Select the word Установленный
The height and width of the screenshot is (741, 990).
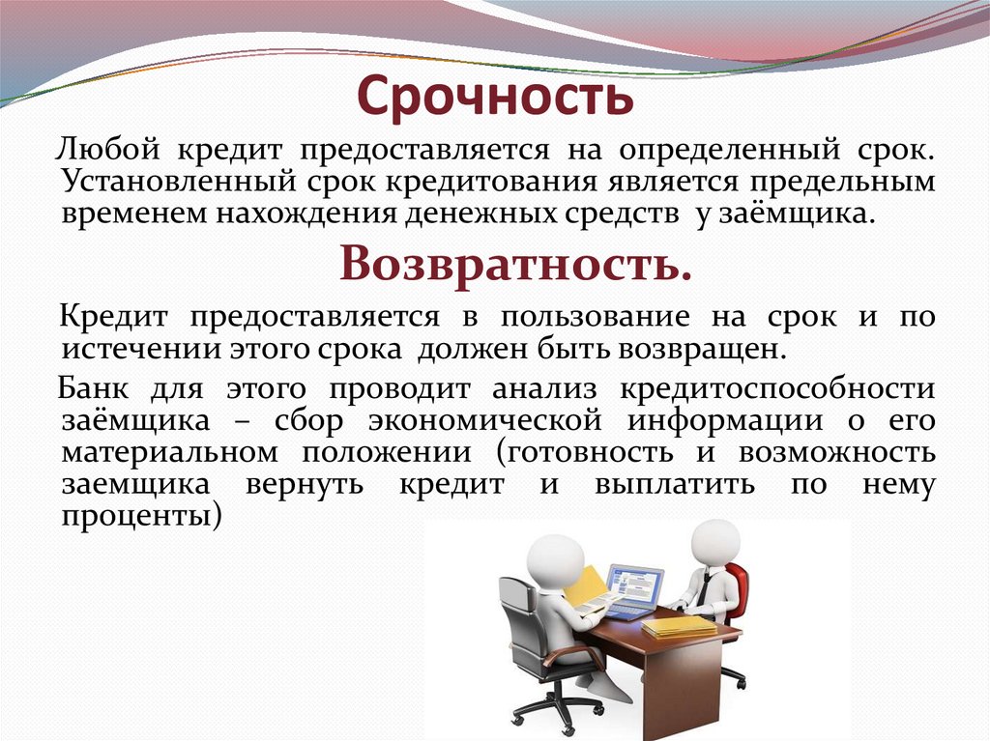click(171, 182)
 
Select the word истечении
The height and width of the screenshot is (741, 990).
click(133, 347)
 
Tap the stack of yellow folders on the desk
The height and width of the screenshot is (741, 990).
click(679, 626)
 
